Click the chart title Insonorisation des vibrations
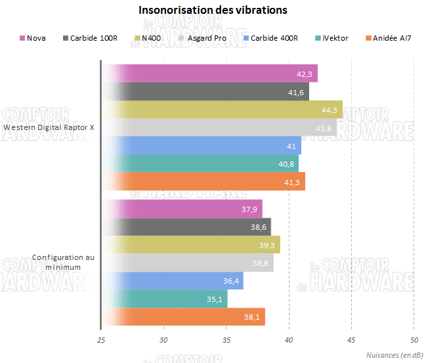(213, 11)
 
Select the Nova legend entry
(36, 37)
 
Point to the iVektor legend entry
(335, 37)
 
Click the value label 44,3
(330, 110)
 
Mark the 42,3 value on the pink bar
(305, 74)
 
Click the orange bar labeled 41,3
(203, 182)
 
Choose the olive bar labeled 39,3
(190, 244)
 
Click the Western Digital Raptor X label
(49, 128)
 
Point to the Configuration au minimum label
(63, 263)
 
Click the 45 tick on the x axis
(351, 340)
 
